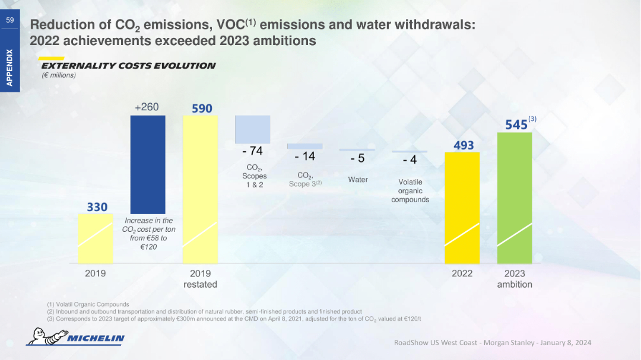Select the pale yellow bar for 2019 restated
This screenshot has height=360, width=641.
point(200,189)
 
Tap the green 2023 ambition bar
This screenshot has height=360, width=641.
point(515,197)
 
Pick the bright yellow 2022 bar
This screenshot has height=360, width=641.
point(462,208)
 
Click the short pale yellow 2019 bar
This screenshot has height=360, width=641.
point(95,238)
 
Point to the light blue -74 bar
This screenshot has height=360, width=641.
point(253,129)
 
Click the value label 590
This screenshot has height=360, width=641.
point(202,109)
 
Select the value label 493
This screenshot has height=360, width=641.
point(463,145)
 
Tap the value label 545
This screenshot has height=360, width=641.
point(516,125)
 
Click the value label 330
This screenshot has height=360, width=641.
point(97,207)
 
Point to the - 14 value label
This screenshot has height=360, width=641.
point(305,157)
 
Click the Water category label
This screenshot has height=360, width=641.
point(358,180)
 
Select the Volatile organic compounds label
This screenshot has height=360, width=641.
point(410,191)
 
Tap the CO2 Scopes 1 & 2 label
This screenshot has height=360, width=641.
point(255,176)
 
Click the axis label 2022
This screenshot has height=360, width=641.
point(462,273)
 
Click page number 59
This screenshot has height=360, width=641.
point(10,20)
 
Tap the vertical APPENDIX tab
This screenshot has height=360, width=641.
point(10,68)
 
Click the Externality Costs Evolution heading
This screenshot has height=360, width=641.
point(128,66)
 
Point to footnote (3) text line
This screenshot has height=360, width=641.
point(234,318)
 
